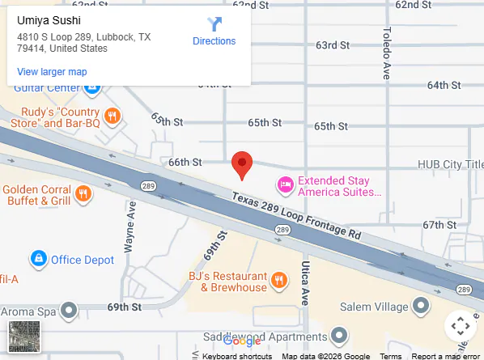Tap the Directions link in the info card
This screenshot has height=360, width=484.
(214, 40)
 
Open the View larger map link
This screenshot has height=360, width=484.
(52, 72)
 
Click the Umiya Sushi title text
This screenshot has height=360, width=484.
(49, 20)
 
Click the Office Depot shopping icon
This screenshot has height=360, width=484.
(37, 259)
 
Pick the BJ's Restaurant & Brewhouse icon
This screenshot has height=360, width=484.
(279, 281)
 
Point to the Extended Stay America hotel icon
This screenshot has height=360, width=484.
(285, 185)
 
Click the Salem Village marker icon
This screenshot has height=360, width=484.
(421, 306)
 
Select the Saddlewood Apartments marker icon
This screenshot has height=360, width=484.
(342, 334)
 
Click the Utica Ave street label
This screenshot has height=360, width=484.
(305, 284)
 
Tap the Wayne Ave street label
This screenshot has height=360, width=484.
(131, 226)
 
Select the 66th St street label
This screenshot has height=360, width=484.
(185, 162)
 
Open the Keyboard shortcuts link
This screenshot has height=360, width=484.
(236, 356)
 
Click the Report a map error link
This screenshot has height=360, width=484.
(445, 356)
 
